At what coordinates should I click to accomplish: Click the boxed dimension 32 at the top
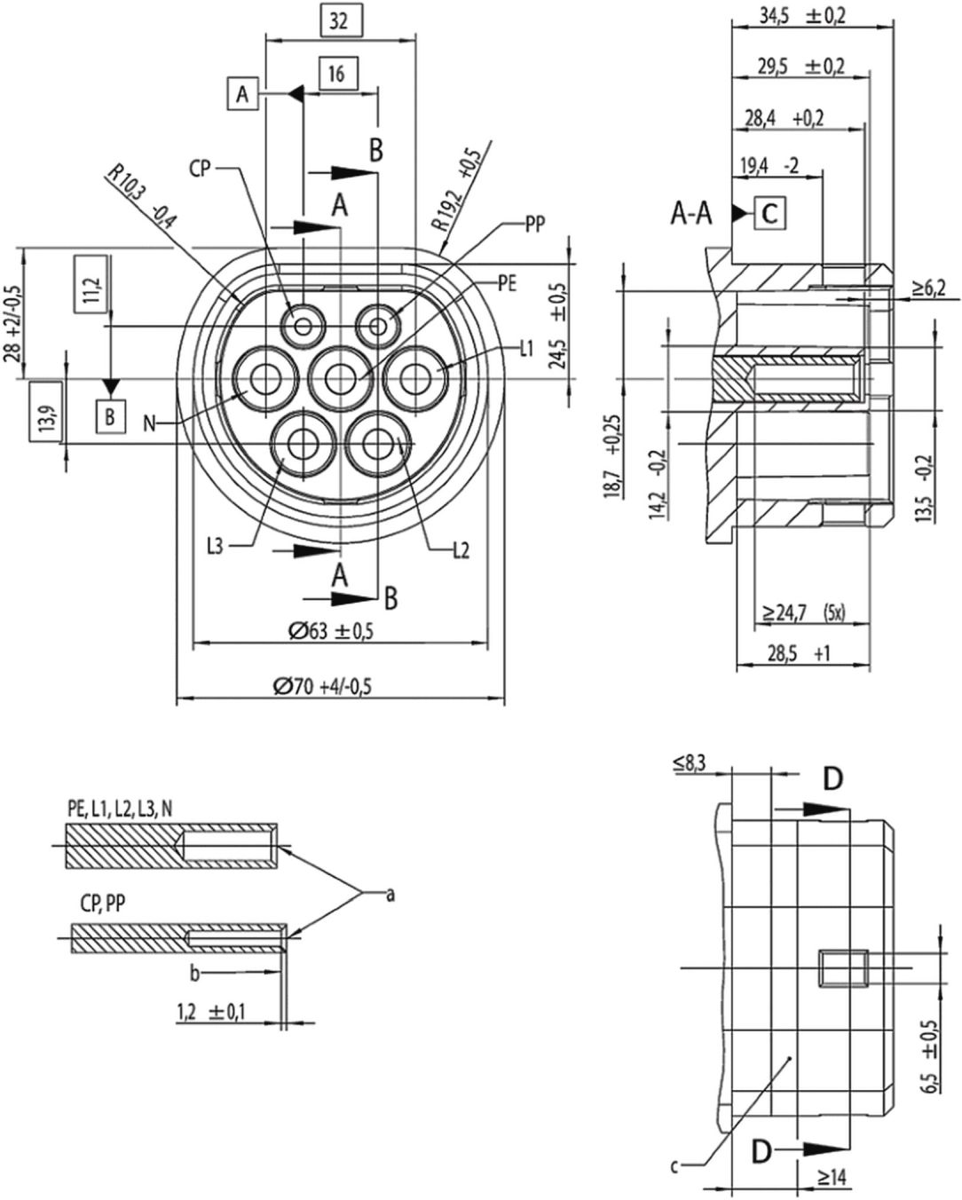tap(338, 21)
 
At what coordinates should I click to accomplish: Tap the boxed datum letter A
tap(242, 94)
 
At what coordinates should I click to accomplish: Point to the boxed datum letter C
tap(769, 213)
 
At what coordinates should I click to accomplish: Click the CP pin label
tap(200, 169)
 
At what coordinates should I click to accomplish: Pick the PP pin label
tap(535, 225)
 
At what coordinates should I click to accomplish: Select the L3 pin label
tap(216, 547)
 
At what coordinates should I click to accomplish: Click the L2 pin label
tap(461, 551)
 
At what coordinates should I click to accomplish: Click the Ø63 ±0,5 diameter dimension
tap(331, 631)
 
